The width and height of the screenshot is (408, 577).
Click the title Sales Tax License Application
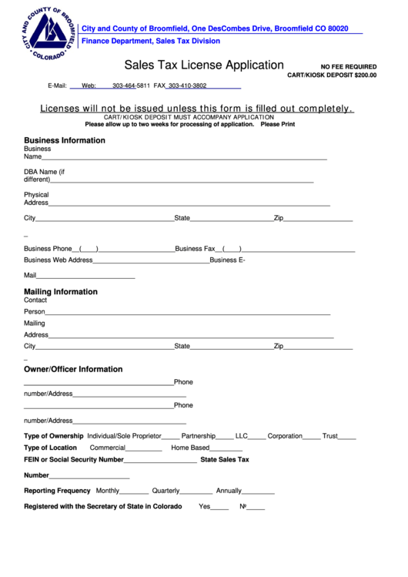click(x=204, y=65)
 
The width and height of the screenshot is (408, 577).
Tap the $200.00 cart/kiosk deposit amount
click(x=366, y=75)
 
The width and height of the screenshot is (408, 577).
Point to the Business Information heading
click(x=65, y=140)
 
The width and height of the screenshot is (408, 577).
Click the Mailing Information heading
click(x=61, y=292)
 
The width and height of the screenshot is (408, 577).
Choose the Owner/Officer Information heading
click(x=73, y=369)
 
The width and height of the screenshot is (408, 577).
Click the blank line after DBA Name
click(x=182, y=181)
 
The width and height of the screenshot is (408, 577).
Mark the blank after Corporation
click(x=312, y=438)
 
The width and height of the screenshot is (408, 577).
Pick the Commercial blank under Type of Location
click(x=144, y=449)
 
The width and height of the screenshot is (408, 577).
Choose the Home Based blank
click(x=226, y=449)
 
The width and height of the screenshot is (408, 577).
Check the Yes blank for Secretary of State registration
click(x=220, y=508)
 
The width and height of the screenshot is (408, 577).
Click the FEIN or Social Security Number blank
click(x=160, y=461)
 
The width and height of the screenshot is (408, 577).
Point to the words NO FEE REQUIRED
click(x=349, y=67)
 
